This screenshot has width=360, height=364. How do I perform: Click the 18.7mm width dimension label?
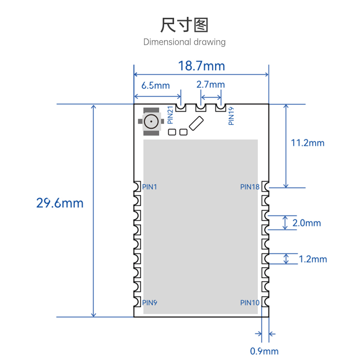201,66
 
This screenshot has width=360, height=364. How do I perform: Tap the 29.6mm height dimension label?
60,203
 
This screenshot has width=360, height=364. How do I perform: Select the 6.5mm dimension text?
156,85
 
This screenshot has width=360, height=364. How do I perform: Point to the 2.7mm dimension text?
211,84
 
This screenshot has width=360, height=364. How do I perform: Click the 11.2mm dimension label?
308,143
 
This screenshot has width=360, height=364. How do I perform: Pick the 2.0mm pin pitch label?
307,223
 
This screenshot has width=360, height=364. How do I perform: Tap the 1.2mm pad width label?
313,259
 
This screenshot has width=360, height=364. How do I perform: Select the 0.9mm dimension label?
264,351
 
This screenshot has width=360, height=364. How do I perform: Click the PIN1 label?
149,187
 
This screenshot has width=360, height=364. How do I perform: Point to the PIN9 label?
149,303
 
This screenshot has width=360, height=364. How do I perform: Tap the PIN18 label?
250,187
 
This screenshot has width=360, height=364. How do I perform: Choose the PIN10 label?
250,303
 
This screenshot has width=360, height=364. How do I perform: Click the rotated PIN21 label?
170,115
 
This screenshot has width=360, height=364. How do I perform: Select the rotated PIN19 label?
231,116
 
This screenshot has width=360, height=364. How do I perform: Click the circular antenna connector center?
151,121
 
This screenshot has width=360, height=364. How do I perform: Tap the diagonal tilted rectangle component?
196,123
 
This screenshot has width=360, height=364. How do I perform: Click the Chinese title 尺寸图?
185,25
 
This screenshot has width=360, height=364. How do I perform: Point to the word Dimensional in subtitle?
167,42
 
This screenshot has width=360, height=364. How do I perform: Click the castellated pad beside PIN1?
137,187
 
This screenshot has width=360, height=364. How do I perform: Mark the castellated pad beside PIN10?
265,302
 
